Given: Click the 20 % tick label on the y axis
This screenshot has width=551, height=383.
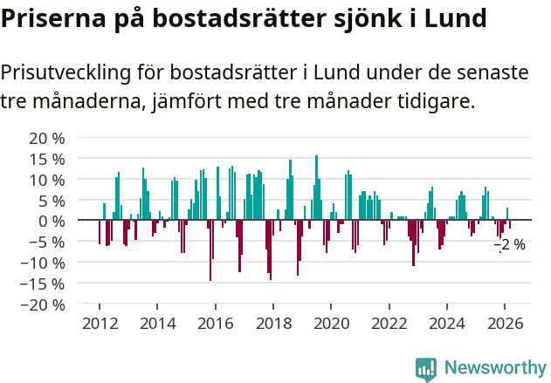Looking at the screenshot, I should [47, 138].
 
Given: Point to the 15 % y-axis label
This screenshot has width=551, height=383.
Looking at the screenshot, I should [47, 159].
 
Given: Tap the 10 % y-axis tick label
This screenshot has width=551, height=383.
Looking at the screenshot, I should [47, 180].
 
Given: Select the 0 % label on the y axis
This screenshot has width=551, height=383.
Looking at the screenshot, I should [52, 221].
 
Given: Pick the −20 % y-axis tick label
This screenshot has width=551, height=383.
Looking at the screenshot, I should [44, 304].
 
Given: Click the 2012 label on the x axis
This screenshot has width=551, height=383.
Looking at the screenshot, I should [100, 323].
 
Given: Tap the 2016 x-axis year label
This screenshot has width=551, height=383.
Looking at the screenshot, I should [216, 323].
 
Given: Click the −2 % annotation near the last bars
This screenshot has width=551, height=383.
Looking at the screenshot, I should [510, 245].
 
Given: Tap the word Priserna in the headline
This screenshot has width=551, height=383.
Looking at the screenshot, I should [53, 17].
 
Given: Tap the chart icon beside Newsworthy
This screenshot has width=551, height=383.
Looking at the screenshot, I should [426, 368].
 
